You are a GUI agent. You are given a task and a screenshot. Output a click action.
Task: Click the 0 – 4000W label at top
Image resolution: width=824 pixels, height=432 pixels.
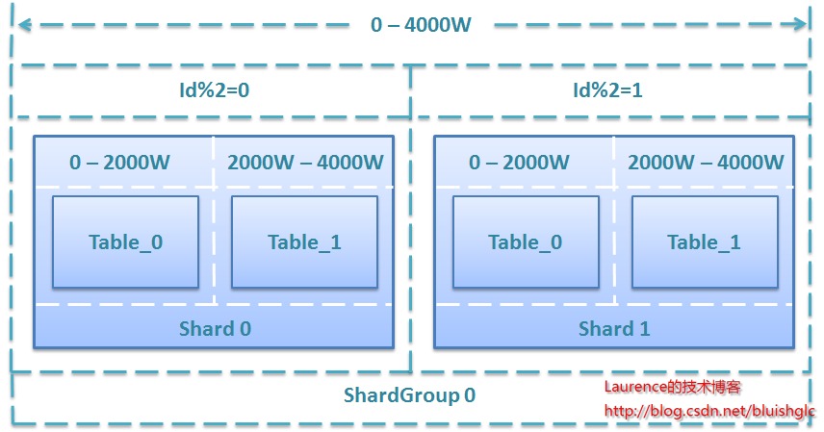click(421, 25)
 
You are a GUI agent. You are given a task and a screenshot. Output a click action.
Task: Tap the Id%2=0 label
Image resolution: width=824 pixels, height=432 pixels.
click(211, 91)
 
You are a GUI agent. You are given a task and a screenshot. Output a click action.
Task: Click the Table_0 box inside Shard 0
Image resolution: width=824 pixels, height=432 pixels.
click(125, 242)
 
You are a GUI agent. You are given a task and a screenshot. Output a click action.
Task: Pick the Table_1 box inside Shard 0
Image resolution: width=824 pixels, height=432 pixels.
click(304, 242)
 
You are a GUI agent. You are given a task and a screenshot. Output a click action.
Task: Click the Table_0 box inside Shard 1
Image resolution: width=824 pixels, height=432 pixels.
click(526, 242)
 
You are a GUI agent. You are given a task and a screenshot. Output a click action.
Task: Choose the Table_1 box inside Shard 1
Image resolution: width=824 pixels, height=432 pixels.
click(705, 242)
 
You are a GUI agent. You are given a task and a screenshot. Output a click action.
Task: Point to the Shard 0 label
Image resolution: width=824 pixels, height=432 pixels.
click(215, 329)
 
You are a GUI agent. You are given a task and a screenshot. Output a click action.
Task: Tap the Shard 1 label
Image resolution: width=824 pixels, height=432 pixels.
click(614, 329)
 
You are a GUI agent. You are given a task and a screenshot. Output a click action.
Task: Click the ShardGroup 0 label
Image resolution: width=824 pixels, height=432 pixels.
click(410, 395)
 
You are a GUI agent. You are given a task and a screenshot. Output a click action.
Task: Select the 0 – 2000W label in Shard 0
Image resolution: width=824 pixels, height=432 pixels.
click(119, 163)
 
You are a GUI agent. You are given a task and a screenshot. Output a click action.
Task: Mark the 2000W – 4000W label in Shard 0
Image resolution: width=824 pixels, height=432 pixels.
click(305, 163)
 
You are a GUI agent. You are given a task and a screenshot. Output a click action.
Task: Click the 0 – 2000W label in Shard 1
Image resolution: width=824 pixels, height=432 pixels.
click(520, 163)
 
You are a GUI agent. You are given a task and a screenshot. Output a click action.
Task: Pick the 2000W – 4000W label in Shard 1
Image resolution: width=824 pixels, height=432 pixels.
click(706, 163)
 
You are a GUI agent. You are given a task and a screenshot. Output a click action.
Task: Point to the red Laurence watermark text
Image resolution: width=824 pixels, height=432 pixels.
click(672, 388)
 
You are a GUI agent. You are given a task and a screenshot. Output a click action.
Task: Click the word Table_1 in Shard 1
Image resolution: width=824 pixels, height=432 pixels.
click(705, 242)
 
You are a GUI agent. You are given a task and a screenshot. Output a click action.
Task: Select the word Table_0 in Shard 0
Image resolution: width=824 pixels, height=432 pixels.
click(125, 242)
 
